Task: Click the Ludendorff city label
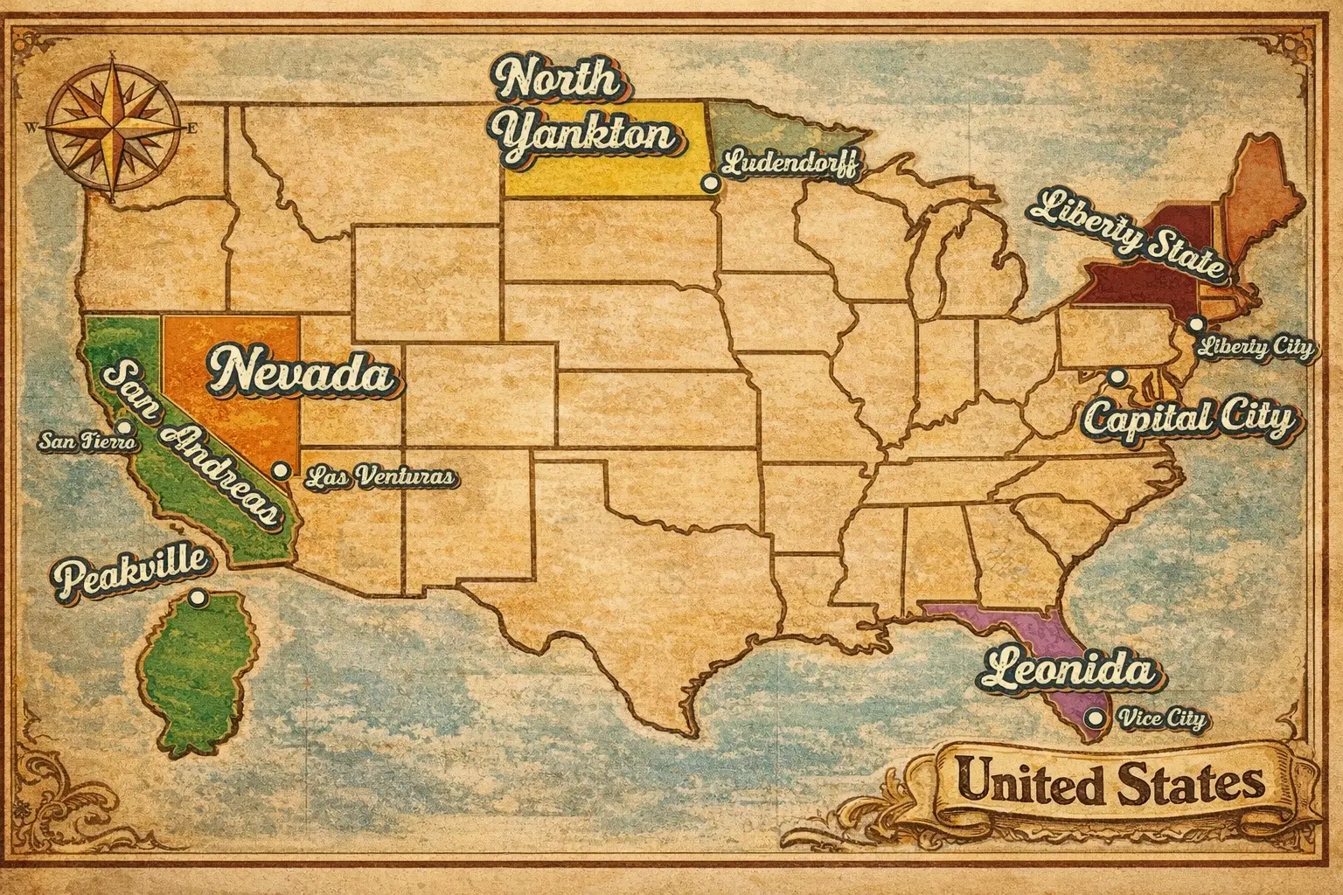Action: coord(792,164)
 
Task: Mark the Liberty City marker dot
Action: coord(1195,324)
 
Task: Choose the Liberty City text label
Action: coord(1256,347)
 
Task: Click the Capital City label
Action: coord(1190,420)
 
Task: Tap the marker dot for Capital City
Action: coord(1117,377)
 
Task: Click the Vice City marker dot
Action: coord(1091,718)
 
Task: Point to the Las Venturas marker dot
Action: coord(281,470)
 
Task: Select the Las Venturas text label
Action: coord(380,477)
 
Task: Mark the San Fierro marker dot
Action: coord(124,428)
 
